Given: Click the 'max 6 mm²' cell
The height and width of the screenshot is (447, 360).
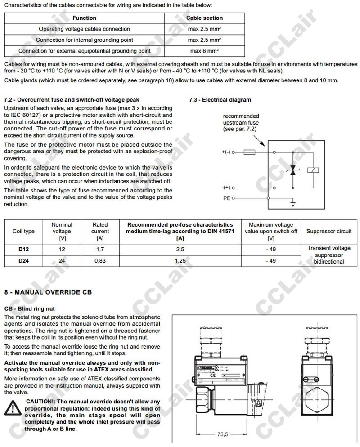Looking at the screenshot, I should (x=205, y=51).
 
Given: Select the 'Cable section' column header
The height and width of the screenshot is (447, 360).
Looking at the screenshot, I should (x=205, y=18).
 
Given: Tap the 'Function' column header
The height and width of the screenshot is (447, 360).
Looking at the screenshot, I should (x=85, y=18).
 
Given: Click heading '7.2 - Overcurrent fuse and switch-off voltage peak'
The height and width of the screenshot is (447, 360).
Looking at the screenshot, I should (x=72, y=99).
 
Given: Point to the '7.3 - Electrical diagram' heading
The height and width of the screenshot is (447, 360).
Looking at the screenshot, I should (x=220, y=99).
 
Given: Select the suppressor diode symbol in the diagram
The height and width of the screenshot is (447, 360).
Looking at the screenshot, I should (x=293, y=170).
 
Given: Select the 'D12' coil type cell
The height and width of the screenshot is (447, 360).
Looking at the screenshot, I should (x=23, y=249).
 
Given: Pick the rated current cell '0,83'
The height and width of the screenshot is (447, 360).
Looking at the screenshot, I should (x=100, y=260).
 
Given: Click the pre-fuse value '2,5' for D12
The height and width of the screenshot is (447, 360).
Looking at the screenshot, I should (x=180, y=249).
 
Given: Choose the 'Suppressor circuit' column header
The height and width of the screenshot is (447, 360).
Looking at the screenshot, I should (x=329, y=232).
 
